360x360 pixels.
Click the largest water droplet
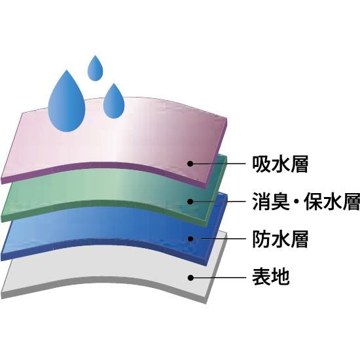[67, 103]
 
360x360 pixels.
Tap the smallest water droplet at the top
[96, 69]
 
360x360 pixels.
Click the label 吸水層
[280, 164]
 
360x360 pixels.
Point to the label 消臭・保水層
[306, 202]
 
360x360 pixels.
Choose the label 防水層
[280, 239]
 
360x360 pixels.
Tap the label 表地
[271, 277]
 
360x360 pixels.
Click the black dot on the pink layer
[190, 164]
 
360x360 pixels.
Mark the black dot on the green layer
[190, 202]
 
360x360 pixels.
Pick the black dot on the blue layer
[190, 239]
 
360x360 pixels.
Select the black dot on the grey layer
[190, 278]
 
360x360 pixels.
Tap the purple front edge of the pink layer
[103, 166]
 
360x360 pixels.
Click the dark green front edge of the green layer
[103, 204]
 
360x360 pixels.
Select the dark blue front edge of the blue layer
[103, 242]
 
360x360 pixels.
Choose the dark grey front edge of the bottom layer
[103, 281]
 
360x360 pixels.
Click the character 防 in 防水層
[261, 239]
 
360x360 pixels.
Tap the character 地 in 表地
[280, 277]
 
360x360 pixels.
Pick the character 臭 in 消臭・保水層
[280, 202]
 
